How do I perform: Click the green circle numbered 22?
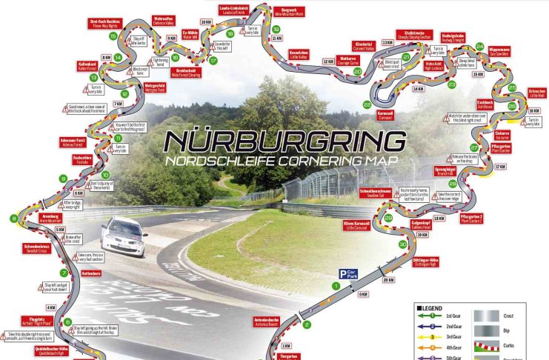click(x=367, y=105)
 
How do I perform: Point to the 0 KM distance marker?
click(x=363, y=295)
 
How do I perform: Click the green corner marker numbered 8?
click(x=13, y=218)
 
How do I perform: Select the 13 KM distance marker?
click(x=386, y=42)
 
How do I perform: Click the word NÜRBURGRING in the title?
click(x=285, y=140)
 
